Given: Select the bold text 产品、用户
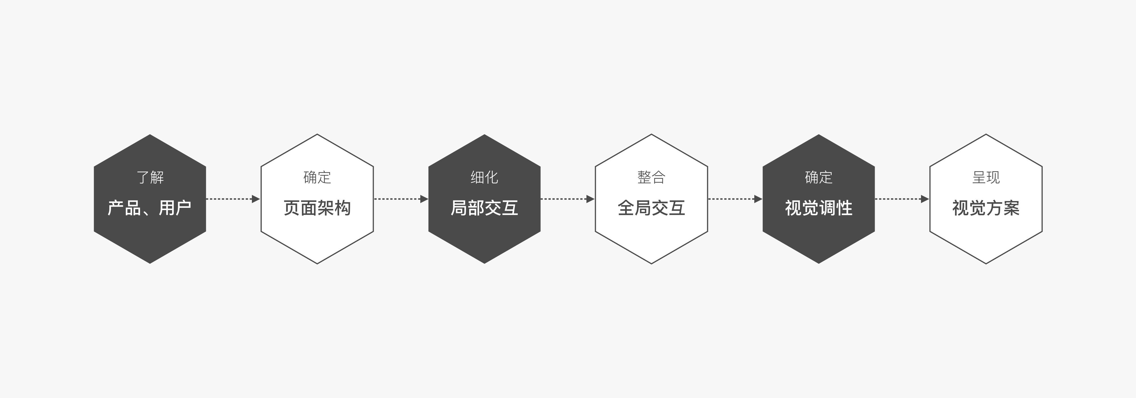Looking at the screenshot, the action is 149,208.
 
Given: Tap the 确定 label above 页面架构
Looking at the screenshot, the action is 317,177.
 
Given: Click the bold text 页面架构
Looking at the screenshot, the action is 317,208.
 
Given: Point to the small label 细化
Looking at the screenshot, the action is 484,177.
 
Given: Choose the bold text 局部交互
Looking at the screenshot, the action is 484,208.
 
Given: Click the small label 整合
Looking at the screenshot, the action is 651,177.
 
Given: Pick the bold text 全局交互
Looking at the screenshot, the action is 651,208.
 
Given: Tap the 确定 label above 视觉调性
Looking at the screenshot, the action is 818,177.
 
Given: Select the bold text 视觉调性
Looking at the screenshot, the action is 818,208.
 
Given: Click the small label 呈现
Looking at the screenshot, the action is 985,177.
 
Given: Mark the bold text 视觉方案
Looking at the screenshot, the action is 985,208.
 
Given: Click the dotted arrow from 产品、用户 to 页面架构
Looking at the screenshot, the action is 233,199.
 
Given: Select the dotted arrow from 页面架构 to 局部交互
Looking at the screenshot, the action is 401,199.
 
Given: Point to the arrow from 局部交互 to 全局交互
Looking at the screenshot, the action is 567,199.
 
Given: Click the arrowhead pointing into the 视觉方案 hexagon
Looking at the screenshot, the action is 925,199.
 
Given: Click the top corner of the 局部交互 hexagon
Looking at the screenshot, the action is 484,134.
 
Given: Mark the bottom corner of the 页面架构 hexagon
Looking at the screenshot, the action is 317,264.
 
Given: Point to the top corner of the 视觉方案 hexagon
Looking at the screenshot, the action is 985,134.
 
